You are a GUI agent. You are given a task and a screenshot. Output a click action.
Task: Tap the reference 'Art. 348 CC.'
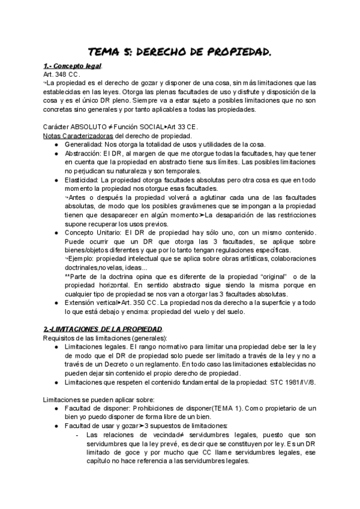[62, 74]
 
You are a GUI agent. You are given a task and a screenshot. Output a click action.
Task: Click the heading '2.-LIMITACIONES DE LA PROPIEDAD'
[103, 331]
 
